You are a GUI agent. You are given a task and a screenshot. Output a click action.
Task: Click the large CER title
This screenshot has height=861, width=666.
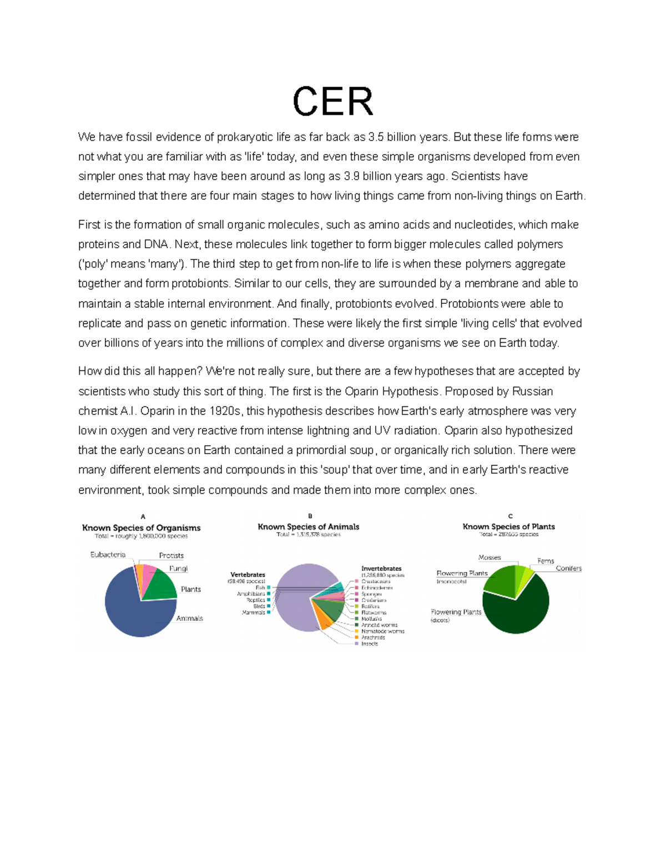tap(333, 101)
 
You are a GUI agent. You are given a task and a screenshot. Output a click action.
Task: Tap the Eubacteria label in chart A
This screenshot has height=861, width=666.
tap(108, 554)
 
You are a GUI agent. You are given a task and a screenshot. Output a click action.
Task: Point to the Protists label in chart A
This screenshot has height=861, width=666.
tap(171, 556)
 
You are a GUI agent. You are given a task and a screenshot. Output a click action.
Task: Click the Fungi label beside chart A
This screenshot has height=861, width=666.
tap(178, 568)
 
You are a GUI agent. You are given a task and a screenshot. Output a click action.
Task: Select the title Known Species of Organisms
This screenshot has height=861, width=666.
tap(141, 528)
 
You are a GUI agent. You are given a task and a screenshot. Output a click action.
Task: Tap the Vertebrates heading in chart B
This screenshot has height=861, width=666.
tap(248, 574)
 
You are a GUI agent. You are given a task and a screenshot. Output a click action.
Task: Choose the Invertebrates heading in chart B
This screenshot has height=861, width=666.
tap(381, 568)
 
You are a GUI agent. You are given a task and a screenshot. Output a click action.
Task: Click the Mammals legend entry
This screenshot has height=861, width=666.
tap(254, 613)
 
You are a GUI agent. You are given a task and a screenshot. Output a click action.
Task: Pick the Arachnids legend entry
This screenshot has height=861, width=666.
tap(373, 638)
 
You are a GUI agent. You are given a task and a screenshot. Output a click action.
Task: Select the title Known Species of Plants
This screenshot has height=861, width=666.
tap(508, 527)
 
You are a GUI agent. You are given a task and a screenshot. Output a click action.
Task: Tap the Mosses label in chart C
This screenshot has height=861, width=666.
tap(490, 558)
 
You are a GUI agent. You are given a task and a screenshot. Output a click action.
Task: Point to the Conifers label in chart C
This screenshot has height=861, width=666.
tap(568, 568)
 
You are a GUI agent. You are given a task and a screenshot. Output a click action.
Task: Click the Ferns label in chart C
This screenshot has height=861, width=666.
tap(546, 561)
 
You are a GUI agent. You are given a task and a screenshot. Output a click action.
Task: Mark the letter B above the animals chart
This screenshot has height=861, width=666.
tap(310, 516)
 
